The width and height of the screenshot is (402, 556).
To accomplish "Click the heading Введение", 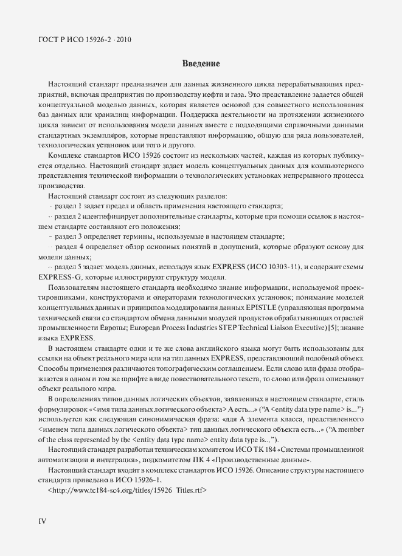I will pos(201,63).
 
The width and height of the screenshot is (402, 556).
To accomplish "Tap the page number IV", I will pos(43,521).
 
